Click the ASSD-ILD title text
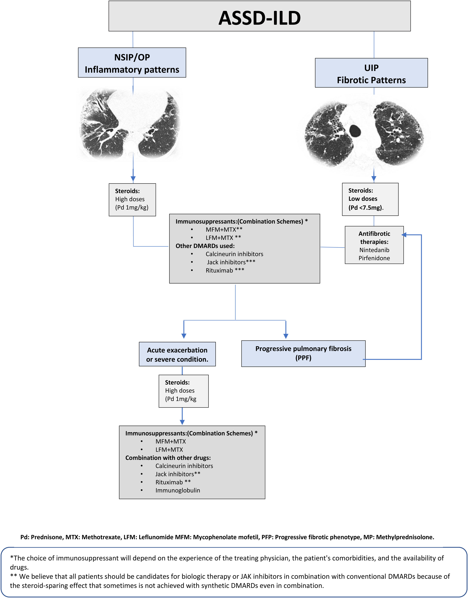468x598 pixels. click(x=259, y=18)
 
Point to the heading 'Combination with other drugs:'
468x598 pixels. click(x=168, y=458)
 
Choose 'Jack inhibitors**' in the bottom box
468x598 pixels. click(x=178, y=474)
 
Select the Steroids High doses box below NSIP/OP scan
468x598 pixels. click(x=132, y=200)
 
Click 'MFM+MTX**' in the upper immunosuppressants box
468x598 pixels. click(x=224, y=229)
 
